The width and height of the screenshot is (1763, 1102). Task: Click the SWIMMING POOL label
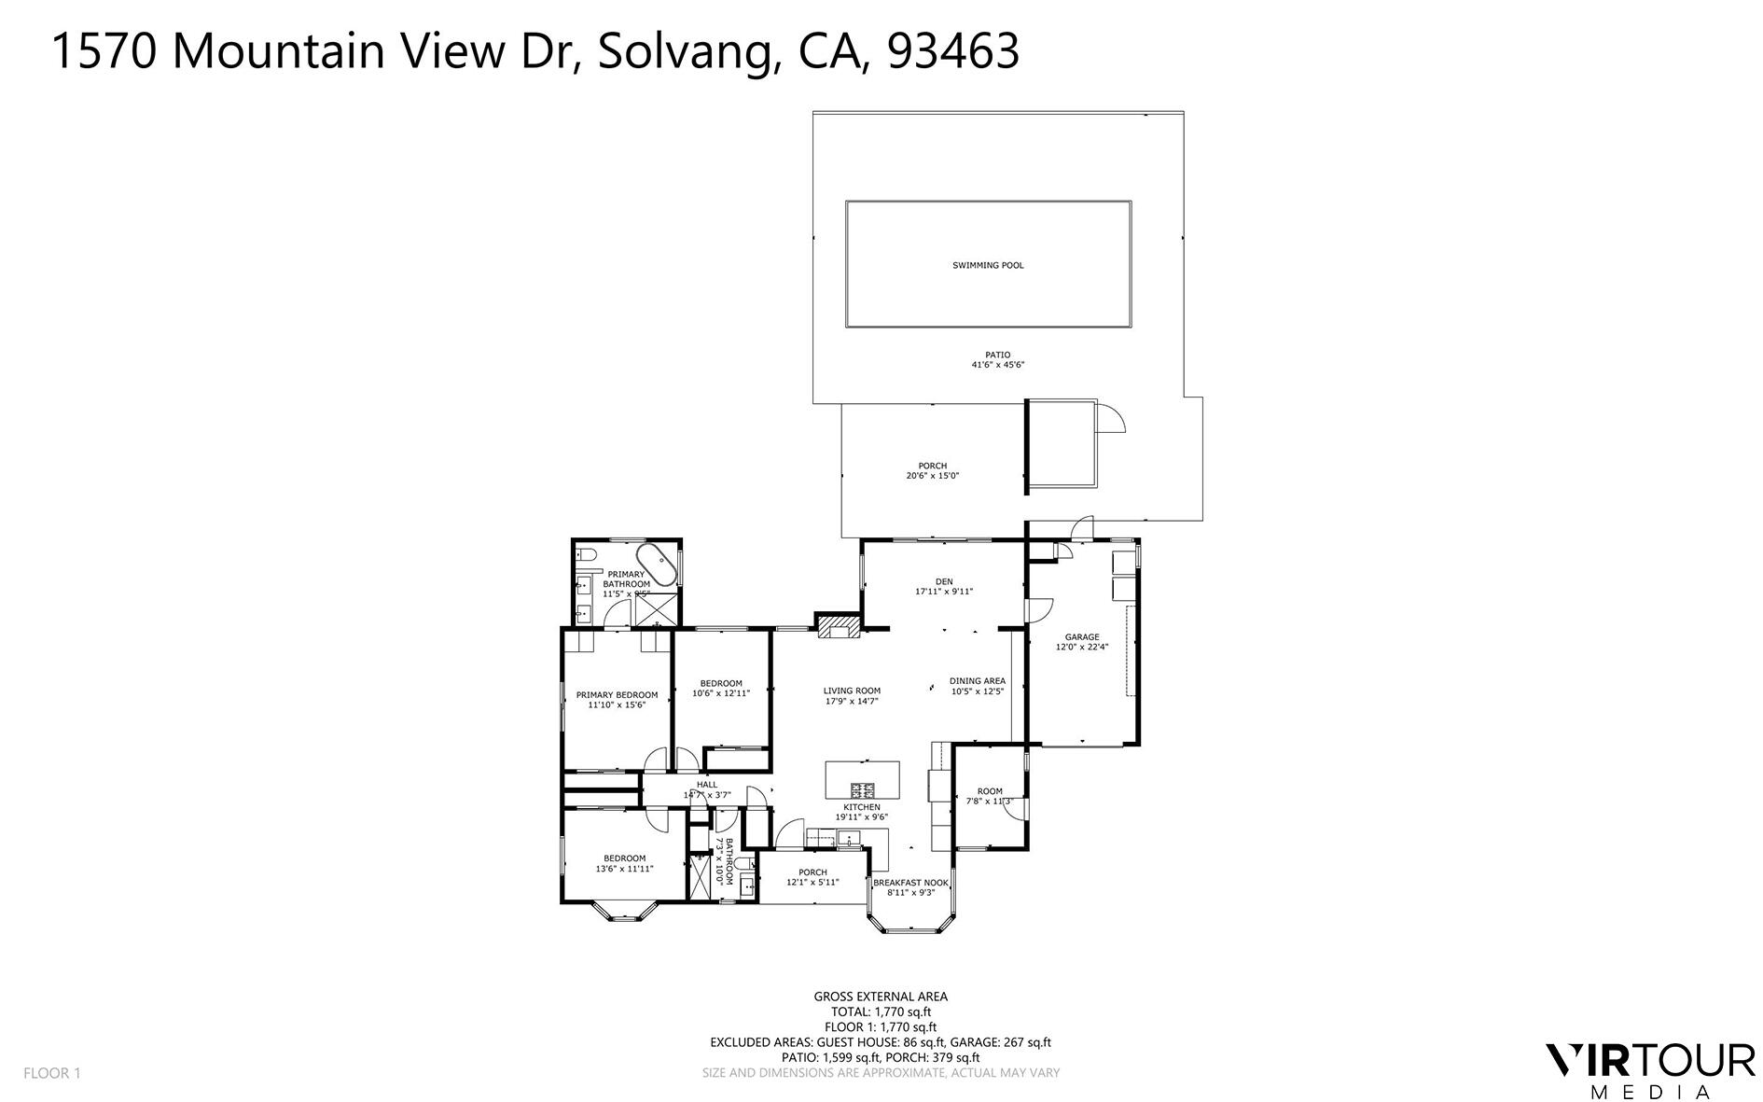tap(988, 265)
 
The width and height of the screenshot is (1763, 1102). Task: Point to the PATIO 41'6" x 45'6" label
tap(997, 360)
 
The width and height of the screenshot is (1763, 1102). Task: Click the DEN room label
tap(944, 586)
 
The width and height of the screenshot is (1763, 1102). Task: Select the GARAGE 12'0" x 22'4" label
tap(1082, 642)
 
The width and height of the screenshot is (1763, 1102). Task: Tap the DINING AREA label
tap(977, 686)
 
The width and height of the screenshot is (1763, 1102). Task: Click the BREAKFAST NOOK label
tap(910, 887)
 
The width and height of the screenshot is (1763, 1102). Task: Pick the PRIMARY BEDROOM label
tap(617, 700)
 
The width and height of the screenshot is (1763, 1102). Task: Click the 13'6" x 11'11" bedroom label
tap(624, 863)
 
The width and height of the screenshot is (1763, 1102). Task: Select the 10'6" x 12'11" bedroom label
tap(721, 689)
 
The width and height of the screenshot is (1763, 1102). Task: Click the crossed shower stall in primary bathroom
tap(657, 611)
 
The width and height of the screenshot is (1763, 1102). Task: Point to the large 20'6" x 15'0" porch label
tap(932, 471)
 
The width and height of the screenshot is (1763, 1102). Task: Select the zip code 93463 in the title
tap(953, 50)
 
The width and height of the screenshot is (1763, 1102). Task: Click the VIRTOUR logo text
tap(1649, 1061)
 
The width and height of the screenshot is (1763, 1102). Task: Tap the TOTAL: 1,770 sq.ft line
tap(881, 1011)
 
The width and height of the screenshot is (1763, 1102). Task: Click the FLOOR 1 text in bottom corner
tap(52, 1073)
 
